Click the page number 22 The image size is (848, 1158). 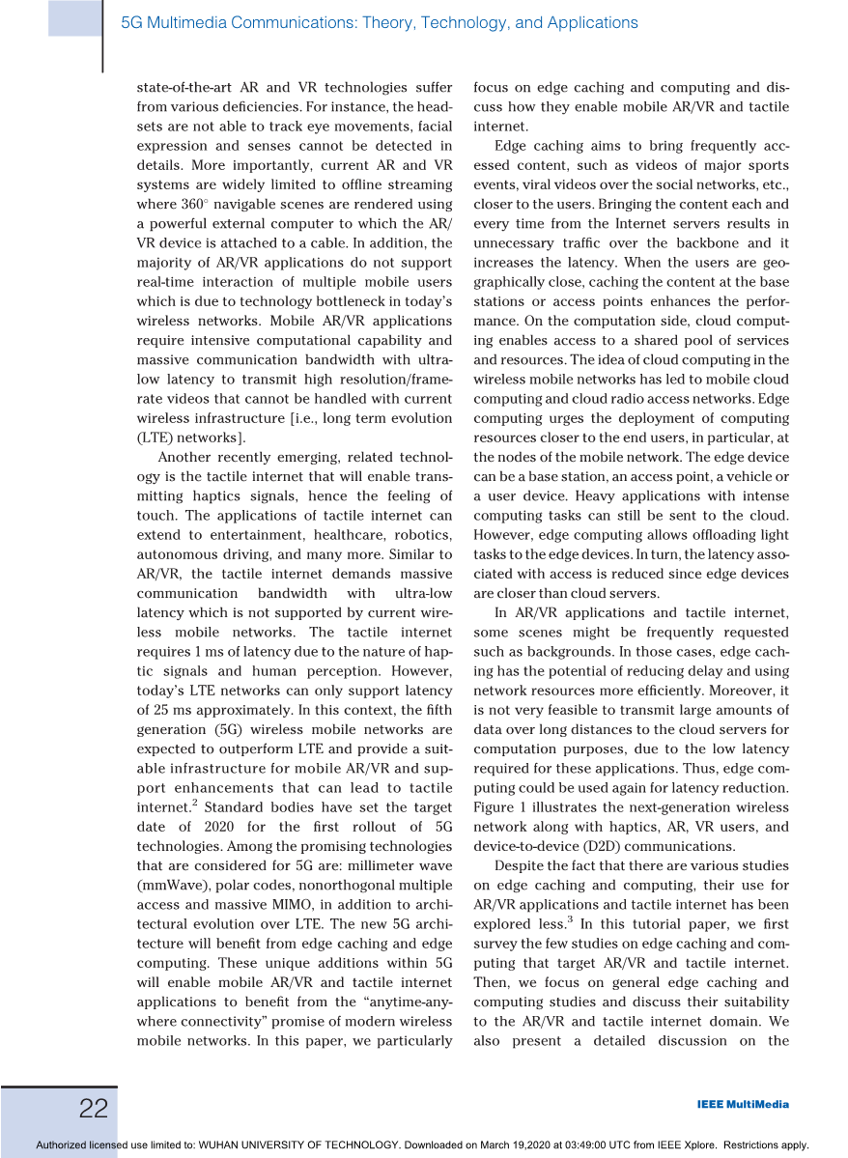94,1109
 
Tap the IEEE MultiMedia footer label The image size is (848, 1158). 742,1105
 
